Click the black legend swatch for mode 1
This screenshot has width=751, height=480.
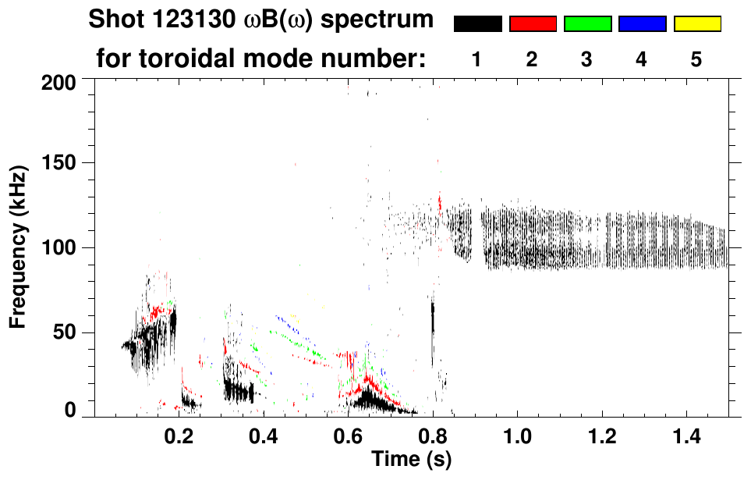477,24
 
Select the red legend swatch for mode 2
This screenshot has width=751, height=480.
533,24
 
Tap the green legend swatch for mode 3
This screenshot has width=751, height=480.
587,24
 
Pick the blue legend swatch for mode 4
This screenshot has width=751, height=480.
642,24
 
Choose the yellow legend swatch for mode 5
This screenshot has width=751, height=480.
697,24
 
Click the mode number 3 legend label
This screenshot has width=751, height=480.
586,59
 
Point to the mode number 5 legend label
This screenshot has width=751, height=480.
696,59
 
